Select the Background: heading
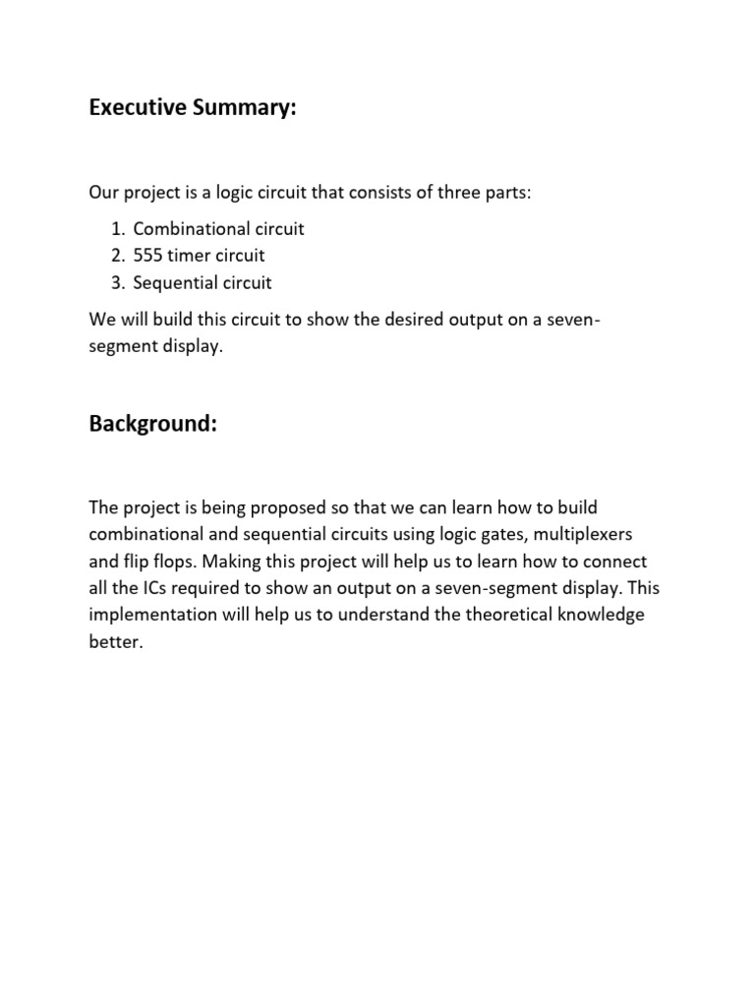pyautogui.click(x=152, y=424)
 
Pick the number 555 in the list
pyautogui.click(x=149, y=256)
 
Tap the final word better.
pyautogui.click(x=116, y=642)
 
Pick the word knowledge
pyautogui.click(x=598, y=616)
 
